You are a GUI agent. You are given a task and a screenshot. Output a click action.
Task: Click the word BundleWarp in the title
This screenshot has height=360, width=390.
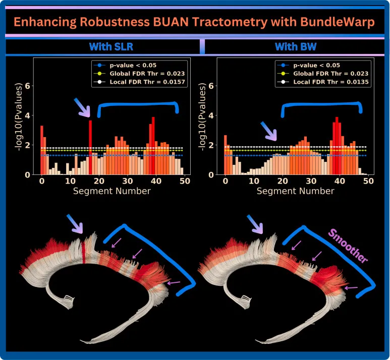[x=338, y=22]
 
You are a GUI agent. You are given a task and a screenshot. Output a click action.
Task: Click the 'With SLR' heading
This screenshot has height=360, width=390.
[x=111, y=46]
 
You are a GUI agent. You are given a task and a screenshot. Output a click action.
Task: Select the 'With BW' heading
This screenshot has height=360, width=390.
[x=296, y=46]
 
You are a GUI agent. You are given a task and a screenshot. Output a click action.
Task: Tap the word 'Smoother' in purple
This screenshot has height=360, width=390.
[x=348, y=246]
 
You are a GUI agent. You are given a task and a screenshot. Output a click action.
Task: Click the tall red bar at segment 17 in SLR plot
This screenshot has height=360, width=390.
[x=90, y=147]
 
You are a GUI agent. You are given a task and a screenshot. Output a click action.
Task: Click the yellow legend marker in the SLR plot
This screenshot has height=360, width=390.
[x=99, y=74]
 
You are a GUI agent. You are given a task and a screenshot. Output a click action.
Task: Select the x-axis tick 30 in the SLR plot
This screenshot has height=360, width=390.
[x=127, y=181]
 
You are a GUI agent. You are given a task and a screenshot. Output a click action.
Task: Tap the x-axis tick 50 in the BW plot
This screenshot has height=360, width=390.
[x=368, y=181]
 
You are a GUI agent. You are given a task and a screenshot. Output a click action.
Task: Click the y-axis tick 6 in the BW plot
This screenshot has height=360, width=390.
[x=211, y=86]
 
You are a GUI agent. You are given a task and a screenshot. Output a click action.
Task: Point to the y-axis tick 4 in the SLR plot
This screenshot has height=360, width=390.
[x=28, y=115]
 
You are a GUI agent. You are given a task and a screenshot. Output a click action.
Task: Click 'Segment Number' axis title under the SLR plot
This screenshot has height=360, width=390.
[x=112, y=191]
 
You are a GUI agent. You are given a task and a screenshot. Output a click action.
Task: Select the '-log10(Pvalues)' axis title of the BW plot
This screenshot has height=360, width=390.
[x=202, y=117]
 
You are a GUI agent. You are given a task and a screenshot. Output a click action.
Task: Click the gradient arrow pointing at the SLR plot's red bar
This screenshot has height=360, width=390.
[x=82, y=107]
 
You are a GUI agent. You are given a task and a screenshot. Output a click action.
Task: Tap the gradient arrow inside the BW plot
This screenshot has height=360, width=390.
[x=268, y=131]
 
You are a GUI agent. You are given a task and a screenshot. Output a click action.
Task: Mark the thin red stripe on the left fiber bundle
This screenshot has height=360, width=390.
[x=84, y=252]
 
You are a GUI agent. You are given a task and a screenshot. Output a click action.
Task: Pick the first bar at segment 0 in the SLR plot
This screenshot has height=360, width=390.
[x=42, y=150]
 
